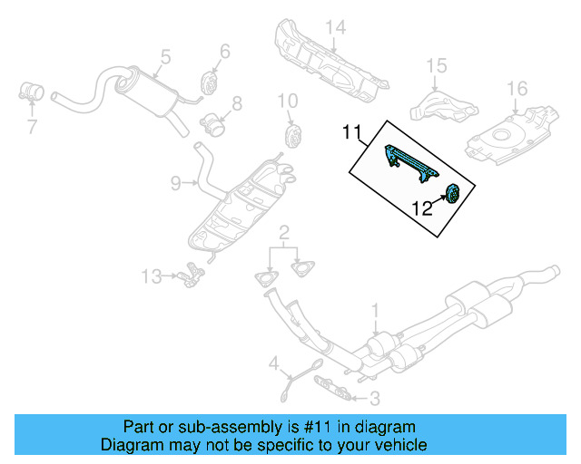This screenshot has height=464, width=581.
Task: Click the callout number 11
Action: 352,134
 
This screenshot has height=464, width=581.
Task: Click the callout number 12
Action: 423,208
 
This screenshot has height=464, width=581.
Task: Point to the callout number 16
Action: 517,88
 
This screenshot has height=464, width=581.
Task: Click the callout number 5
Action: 165,57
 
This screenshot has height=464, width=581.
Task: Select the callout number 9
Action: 175,184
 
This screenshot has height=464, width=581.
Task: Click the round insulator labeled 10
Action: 293,136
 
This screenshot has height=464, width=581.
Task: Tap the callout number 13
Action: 153,275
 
